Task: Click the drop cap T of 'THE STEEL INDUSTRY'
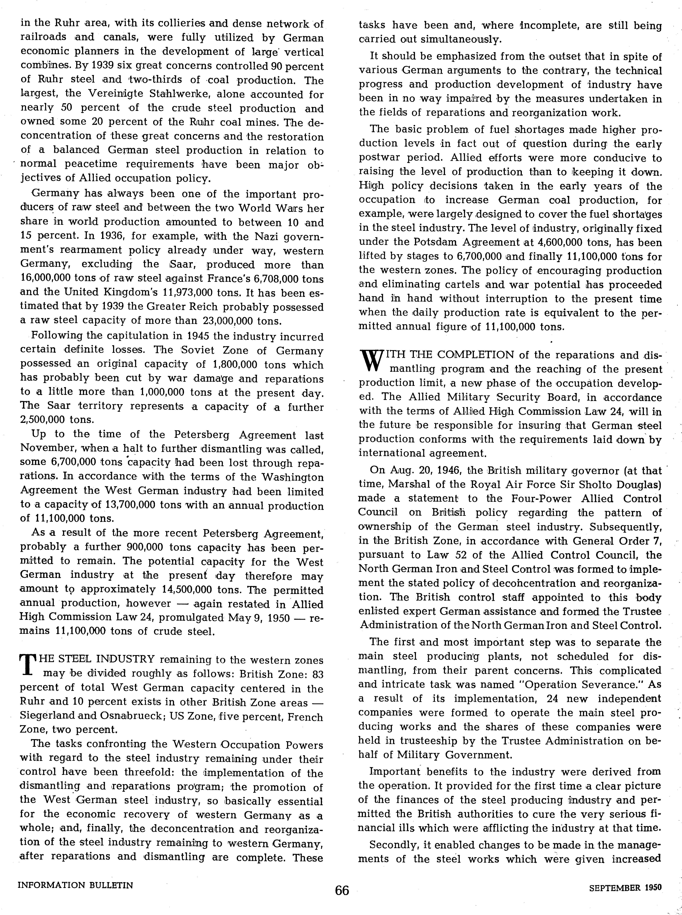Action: click(x=26, y=665)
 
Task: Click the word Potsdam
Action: click(x=432, y=242)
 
